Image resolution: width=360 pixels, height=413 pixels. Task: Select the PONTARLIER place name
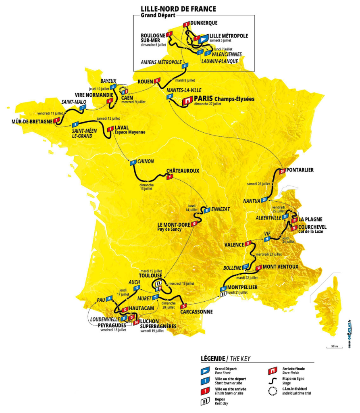pyautogui.click(x=300, y=170)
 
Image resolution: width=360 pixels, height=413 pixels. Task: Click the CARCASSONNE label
pyautogui.click(x=196, y=311)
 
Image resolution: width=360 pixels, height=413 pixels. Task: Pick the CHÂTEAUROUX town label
pyautogui.click(x=183, y=171)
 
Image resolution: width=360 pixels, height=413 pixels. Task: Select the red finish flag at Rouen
pyautogui.click(x=157, y=80)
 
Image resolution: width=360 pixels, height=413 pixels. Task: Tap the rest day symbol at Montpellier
pyautogui.click(x=223, y=295)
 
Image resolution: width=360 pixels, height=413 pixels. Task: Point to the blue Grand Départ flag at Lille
pyautogui.click(x=204, y=38)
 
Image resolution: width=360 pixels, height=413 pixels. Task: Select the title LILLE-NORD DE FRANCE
pyautogui.click(x=178, y=9)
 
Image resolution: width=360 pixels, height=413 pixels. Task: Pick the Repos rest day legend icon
pyautogui.click(x=206, y=400)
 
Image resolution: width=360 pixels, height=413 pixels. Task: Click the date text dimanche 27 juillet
pyautogui.click(x=208, y=104)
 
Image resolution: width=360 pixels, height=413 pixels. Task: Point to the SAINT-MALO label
pyautogui.click(x=72, y=102)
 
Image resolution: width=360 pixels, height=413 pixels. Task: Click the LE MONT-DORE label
pyautogui.click(x=174, y=224)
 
